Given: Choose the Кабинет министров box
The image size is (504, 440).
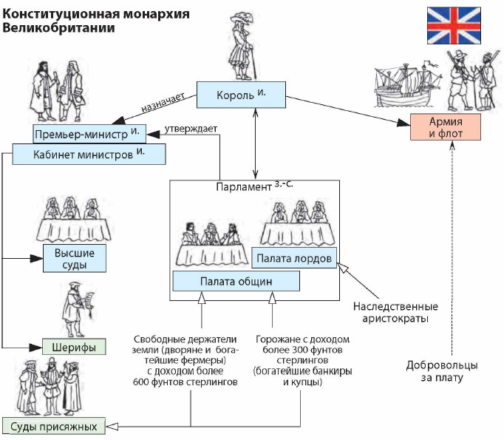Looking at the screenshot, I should (x=89, y=154).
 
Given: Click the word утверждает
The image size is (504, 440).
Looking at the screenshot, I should (x=191, y=129).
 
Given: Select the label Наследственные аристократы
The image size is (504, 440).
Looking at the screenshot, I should (x=395, y=313).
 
